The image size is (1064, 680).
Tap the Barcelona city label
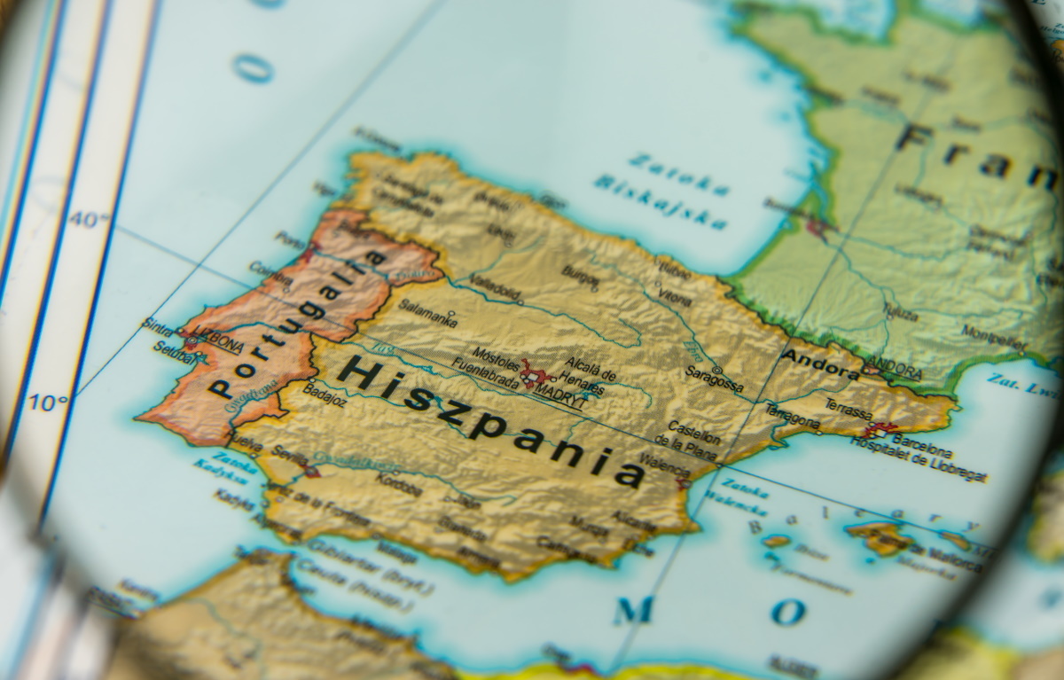click(x=923, y=440)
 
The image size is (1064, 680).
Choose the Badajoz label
click(x=325, y=393)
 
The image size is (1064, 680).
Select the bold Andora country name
click(x=820, y=362)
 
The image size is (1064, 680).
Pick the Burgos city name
click(x=581, y=277)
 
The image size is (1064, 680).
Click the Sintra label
click(x=157, y=326)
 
